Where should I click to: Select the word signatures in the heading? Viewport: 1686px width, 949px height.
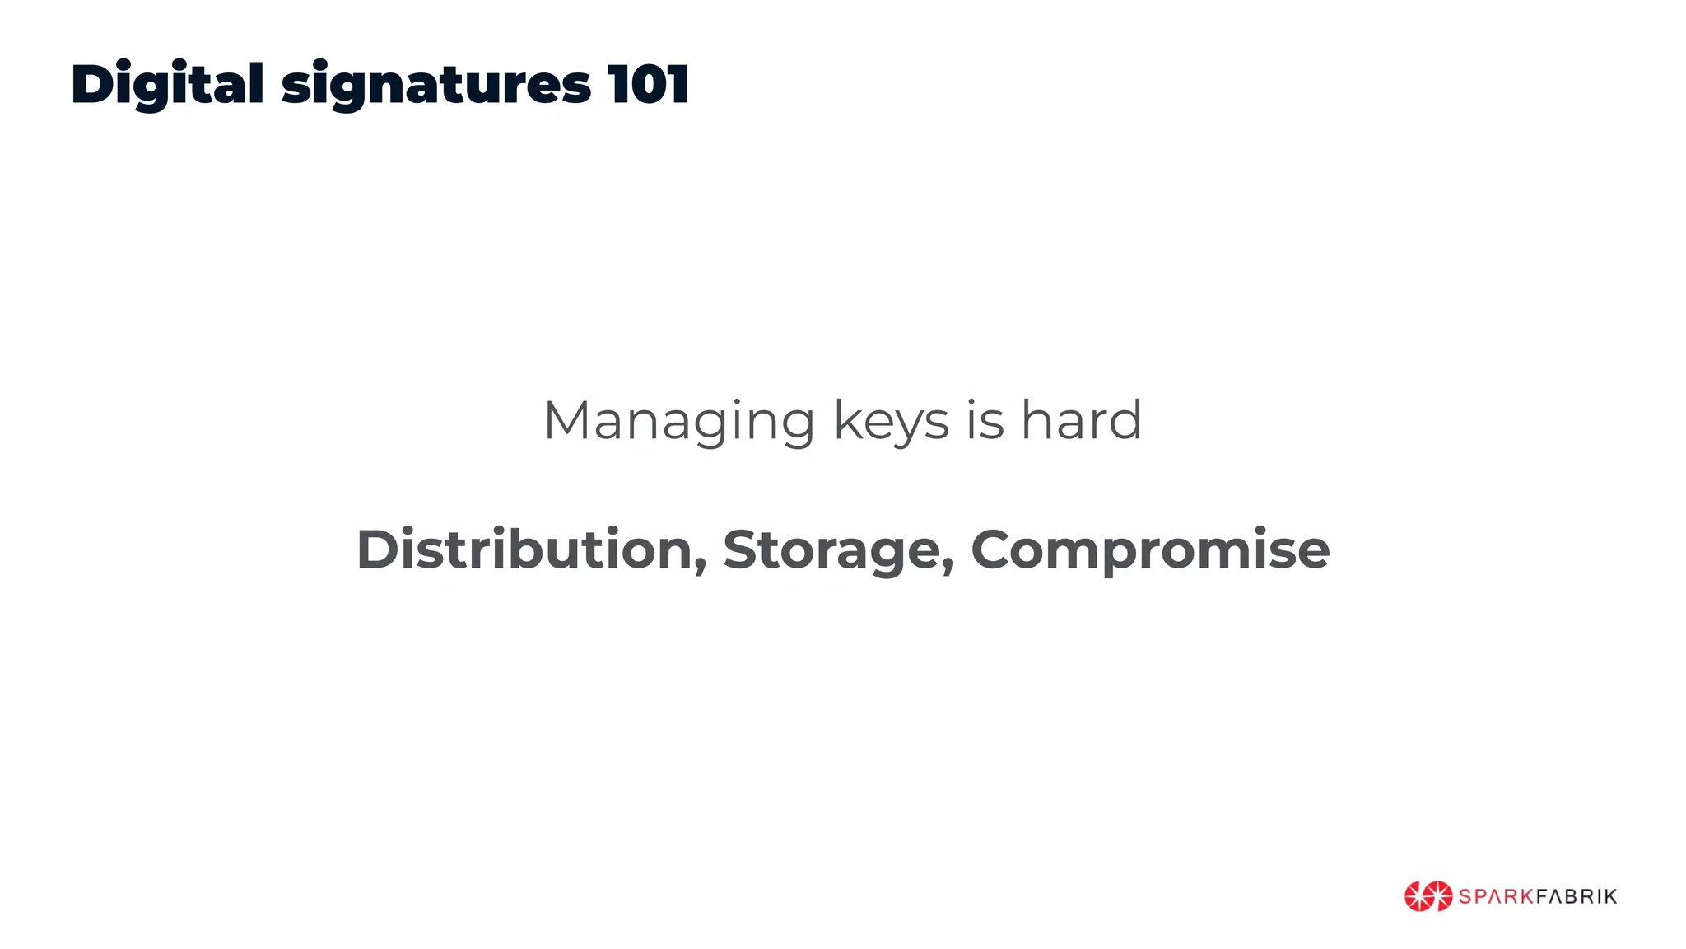[x=436, y=86]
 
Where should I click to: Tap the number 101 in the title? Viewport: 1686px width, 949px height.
[x=648, y=84]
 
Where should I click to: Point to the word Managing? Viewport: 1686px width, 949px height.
[x=679, y=421]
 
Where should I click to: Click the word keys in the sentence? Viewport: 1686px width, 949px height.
[x=892, y=421]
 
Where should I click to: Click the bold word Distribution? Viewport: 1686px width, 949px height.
[x=524, y=549]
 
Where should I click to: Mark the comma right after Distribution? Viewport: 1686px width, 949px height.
[x=701, y=568]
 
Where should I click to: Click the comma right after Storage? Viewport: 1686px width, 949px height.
[x=948, y=568]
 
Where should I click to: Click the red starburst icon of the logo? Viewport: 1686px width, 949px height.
[x=1428, y=896]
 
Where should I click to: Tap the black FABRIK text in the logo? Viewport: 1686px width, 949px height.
[x=1577, y=896]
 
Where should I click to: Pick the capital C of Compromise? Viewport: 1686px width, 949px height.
[x=996, y=549]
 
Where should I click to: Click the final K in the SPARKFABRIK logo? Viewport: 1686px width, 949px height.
[x=1609, y=896]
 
